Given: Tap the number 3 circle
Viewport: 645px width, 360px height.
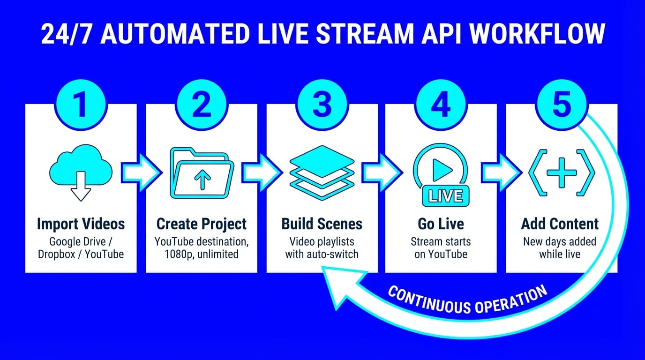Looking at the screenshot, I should coord(322,105).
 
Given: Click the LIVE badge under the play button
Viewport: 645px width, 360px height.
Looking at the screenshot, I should coord(445,195).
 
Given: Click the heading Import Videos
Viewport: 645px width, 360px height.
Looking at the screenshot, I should coord(81,224).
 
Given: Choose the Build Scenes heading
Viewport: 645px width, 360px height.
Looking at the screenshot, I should coord(322,224).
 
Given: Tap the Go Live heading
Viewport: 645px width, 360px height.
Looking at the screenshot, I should coord(440,224).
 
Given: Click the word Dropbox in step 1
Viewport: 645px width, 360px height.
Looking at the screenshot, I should coord(59,254).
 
